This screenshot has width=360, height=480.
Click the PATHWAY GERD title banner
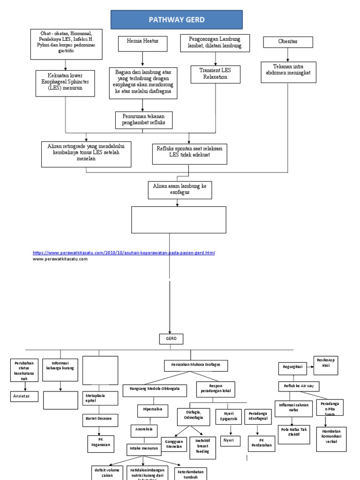[x=176, y=20]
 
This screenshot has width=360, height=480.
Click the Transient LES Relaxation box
[x=215, y=74]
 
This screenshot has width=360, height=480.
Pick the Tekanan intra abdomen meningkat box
[x=289, y=70]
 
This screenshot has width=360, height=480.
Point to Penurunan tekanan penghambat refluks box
[x=143, y=120]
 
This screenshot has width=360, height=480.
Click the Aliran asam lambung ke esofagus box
[x=180, y=190]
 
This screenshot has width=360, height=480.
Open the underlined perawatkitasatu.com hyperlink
[x=124, y=253]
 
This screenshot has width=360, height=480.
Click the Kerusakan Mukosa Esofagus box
[x=196, y=364]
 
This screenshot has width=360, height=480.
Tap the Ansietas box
[x=24, y=397]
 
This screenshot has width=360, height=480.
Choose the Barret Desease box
[x=100, y=419]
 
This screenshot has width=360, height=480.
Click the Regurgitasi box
[x=293, y=369]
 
